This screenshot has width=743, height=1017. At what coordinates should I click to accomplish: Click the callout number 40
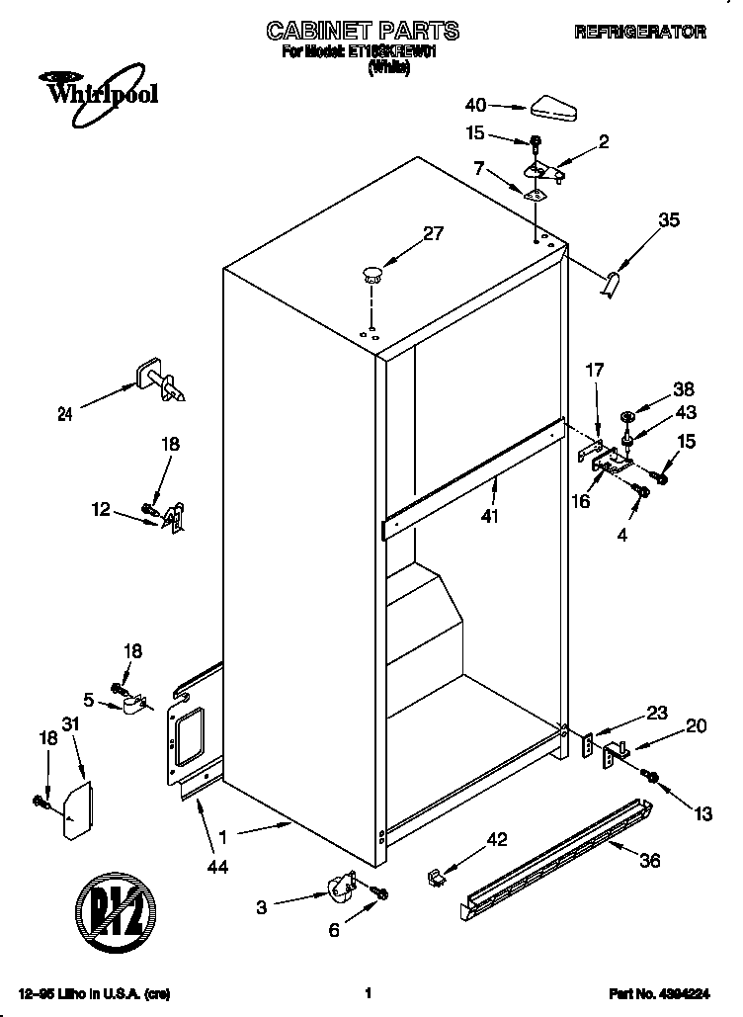[474, 105]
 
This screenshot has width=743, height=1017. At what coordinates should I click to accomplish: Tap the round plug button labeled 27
[371, 274]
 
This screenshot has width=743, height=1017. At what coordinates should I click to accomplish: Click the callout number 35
[668, 220]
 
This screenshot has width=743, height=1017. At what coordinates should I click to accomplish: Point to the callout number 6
[333, 930]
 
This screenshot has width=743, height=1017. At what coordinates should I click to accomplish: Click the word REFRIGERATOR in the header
[639, 33]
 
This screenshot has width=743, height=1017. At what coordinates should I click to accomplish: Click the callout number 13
[702, 814]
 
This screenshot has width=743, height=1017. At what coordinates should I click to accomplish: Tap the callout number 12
[100, 510]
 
